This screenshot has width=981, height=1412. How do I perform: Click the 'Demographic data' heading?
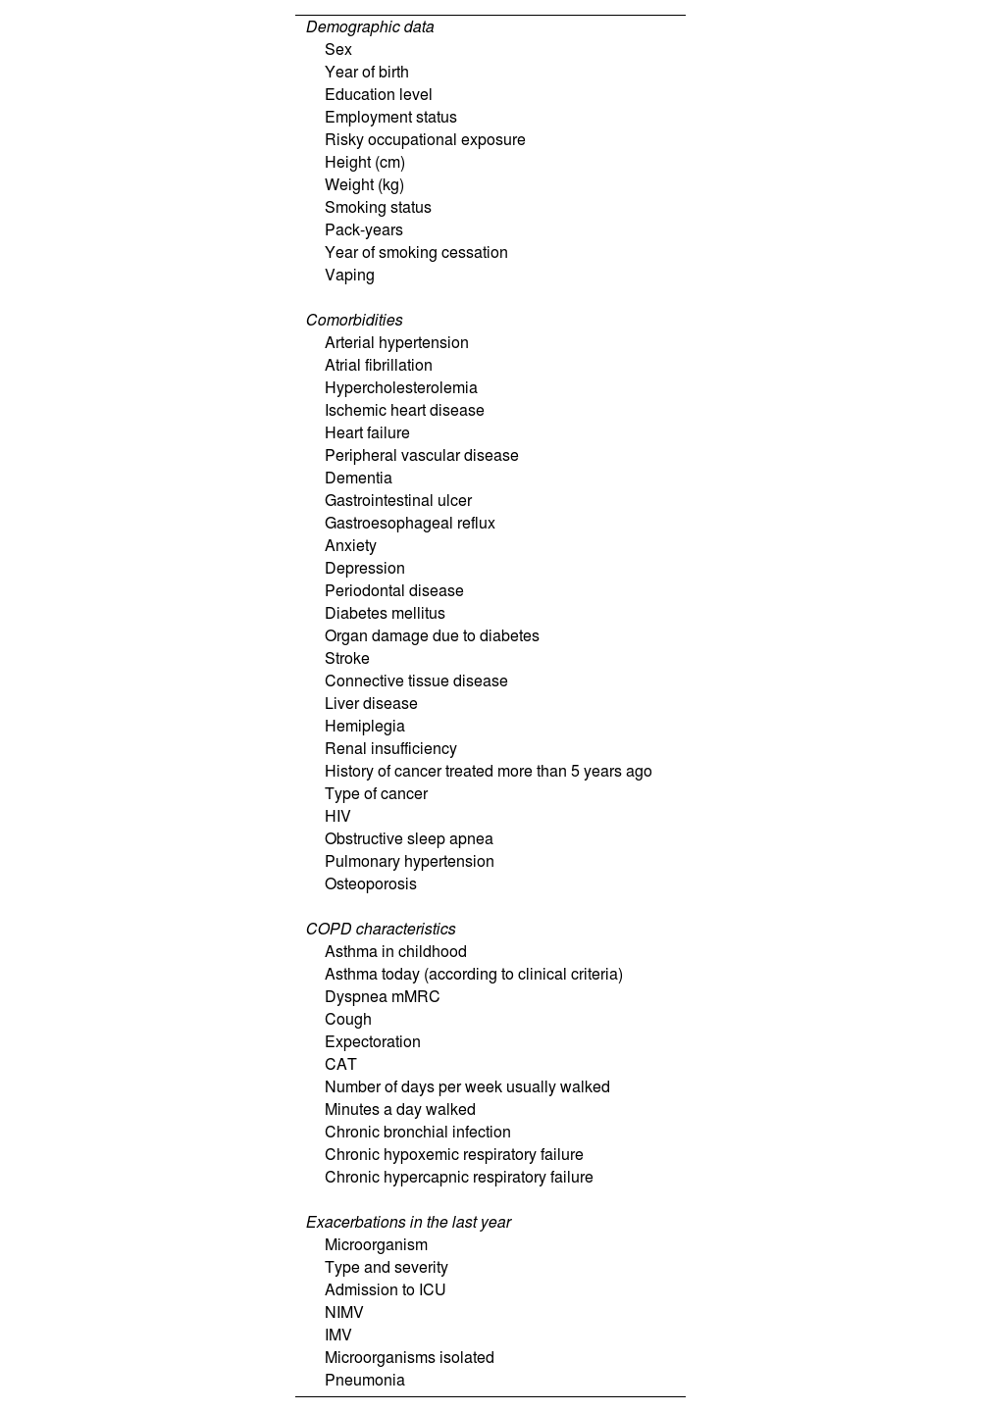point(370,27)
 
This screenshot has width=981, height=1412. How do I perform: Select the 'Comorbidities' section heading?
point(354,321)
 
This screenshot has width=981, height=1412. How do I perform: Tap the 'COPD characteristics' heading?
point(381,930)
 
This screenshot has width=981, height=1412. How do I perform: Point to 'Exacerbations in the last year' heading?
point(408,1223)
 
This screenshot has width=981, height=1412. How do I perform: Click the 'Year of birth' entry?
point(367,73)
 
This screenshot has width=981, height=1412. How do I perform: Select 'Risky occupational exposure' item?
point(425,140)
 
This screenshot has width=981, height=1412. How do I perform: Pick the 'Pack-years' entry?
point(364,230)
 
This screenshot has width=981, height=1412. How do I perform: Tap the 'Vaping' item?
point(349,276)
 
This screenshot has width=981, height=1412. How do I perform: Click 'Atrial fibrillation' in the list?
point(379,366)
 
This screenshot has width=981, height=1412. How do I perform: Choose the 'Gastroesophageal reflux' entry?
point(410,524)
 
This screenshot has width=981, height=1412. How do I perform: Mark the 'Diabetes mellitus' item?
point(385,614)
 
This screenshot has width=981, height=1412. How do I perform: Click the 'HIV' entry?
point(337,817)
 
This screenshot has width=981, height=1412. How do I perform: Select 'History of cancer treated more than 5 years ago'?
point(489,772)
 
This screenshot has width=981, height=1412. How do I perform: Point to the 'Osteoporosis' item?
point(371,884)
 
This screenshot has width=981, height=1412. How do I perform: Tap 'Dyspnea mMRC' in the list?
point(383,997)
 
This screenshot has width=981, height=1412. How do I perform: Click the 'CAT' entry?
point(340,1065)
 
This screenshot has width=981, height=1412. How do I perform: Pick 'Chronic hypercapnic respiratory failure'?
point(459,1178)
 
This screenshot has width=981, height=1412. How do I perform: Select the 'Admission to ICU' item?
point(386,1290)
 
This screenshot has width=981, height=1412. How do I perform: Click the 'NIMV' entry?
point(344,1313)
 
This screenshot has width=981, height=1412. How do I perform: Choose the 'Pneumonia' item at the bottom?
point(365,1381)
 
